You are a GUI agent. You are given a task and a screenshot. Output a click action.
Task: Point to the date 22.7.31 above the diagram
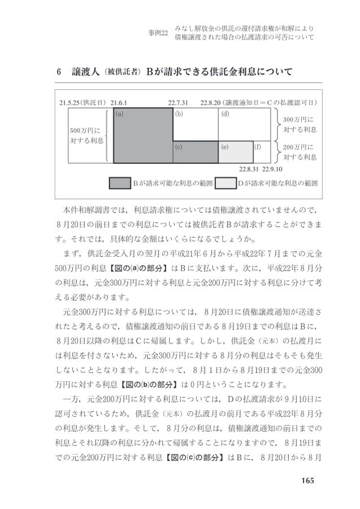click(x=178, y=103)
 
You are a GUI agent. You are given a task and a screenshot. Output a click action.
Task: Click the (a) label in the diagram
click(x=120, y=114)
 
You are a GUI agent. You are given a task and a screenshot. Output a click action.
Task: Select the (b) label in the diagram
click(x=179, y=114)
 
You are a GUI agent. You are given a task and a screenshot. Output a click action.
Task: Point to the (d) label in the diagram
click(x=225, y=114)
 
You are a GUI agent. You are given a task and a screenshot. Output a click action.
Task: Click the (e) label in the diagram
click(x=225, y=146)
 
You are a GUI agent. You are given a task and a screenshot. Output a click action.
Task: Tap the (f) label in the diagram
click(x=258, y=146)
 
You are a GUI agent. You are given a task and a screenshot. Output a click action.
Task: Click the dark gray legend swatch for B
click(x=119, y=183)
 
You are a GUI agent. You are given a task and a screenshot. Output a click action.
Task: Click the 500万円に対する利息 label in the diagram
click(x=83, y=136)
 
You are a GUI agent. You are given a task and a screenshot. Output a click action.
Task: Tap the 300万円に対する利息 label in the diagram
click(x=300, y=124)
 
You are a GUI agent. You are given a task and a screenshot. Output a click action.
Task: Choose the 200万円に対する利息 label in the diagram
click(x=300, y=152)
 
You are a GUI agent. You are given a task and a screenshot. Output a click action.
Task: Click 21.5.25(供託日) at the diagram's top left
click(x=83, y=103)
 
